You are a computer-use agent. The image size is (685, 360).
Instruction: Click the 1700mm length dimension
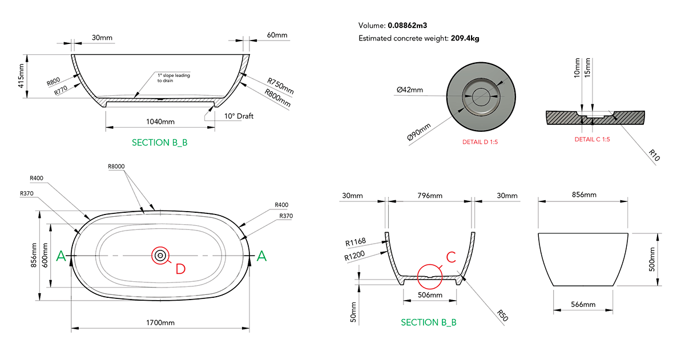160,323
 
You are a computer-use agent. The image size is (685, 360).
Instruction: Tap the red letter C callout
450,257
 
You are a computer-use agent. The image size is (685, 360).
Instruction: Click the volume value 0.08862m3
408,26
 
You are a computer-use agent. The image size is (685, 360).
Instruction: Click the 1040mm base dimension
160,122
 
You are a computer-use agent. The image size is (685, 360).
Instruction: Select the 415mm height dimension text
21,76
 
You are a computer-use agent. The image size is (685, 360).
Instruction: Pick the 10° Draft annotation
239,116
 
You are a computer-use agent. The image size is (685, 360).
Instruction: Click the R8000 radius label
116,166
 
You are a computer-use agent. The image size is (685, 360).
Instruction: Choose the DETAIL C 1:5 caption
592,139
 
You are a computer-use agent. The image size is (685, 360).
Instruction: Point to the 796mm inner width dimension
429,196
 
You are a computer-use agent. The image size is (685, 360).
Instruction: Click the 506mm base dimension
429,295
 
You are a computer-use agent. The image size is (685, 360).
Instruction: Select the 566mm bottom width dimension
583,305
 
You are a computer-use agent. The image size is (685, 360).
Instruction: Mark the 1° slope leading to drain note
174,78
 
